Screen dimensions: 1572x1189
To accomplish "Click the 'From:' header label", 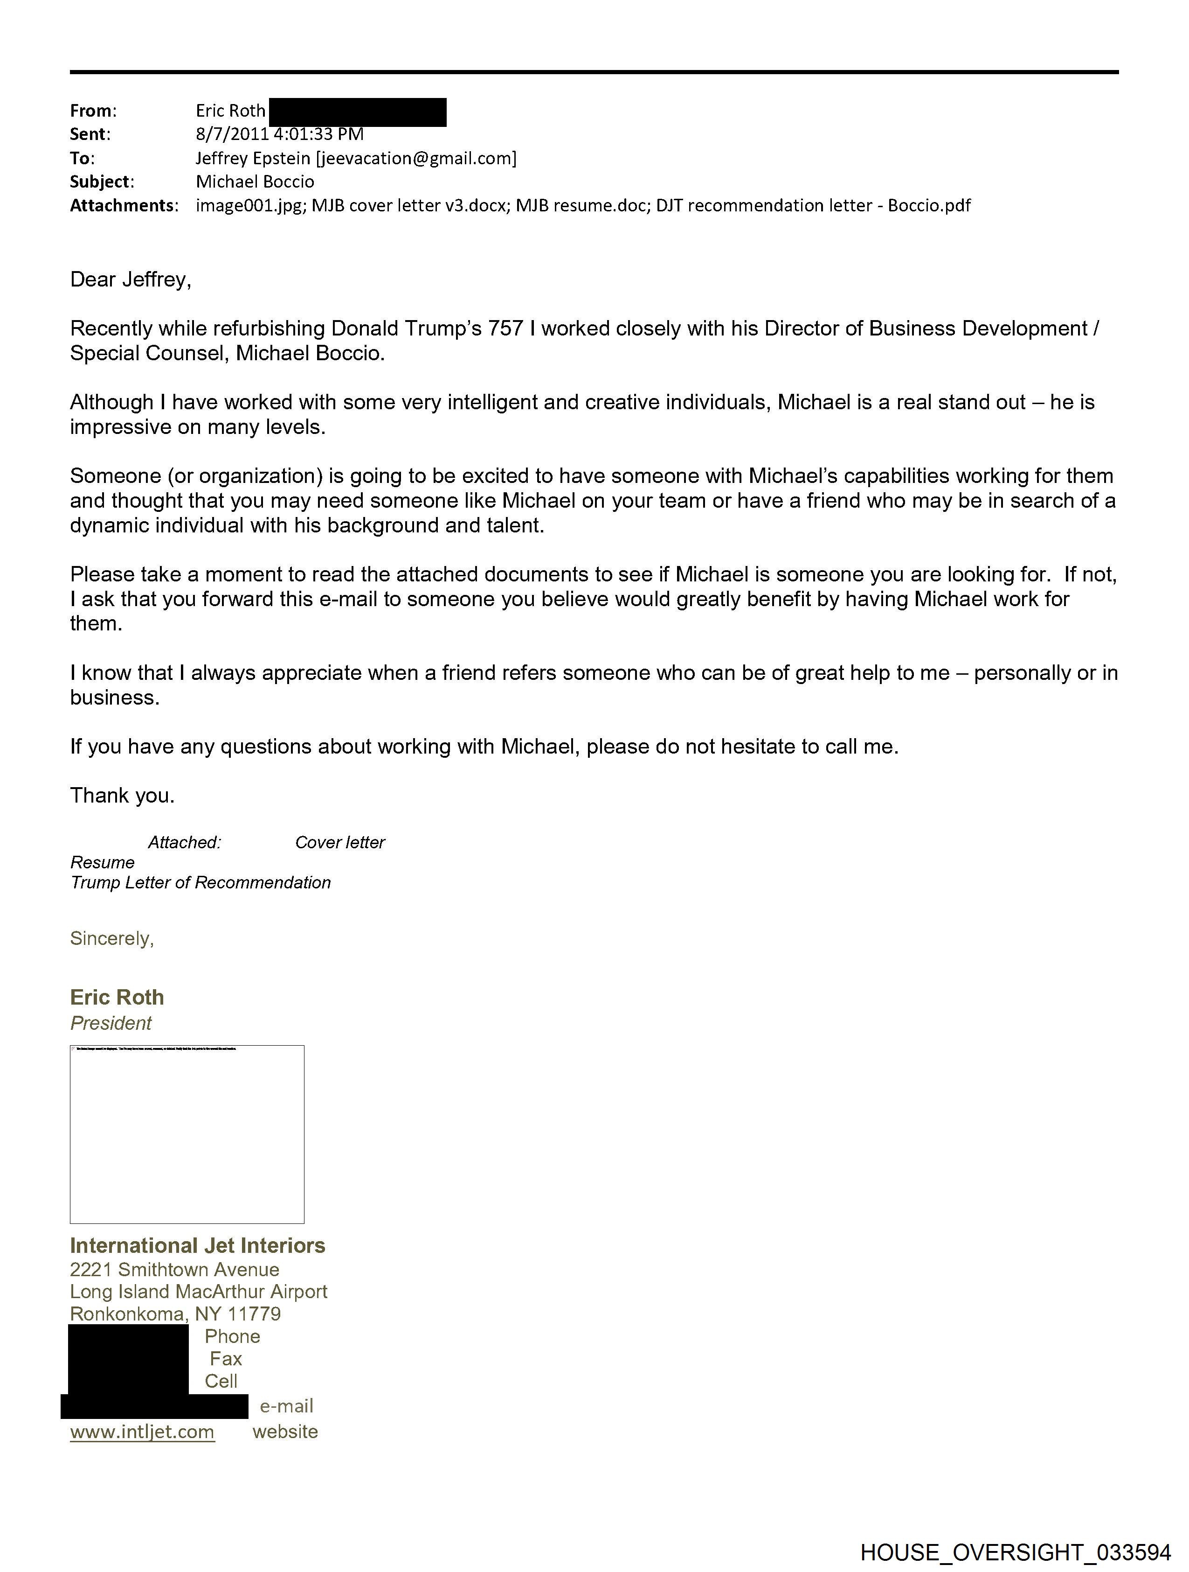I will [93, 111].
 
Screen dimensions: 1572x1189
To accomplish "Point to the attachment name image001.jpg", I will [249, 205].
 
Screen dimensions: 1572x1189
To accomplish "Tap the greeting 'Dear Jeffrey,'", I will [131, 279].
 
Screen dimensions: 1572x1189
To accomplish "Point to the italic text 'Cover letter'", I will [339, 842].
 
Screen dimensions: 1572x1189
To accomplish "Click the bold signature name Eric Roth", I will [117, 997].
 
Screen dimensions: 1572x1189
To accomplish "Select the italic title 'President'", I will [111, 1023].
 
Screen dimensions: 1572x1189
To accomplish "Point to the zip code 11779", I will [254, 1313].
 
